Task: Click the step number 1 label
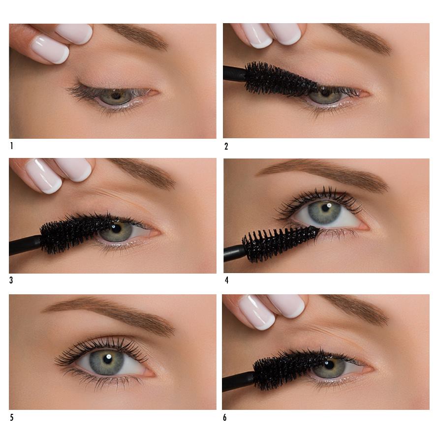click(11, 146)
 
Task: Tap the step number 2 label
click(226, 146)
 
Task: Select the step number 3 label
click(11, 280)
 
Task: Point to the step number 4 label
click(227, 280)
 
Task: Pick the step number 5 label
click(11, 417)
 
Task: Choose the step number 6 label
click(225, 417)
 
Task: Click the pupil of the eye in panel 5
click(107, 359)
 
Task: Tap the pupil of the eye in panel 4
click(325, 208)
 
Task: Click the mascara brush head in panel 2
click(281, 79)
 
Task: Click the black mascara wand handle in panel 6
click(238, 382)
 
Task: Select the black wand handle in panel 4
click(234, 253)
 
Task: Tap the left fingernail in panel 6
click(256, 311)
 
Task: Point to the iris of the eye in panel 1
click(116, 96)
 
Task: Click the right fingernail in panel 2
click(285, 33)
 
